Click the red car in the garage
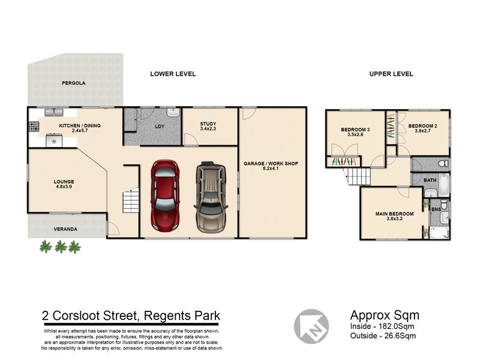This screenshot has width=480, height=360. click(x=165, y=196)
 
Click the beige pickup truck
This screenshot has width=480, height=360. click(x=211, y=197)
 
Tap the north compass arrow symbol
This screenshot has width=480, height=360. click(x=311, y=326)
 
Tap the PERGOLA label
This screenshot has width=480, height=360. click(x=73, y=83)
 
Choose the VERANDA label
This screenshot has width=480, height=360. click(x=65, y=229)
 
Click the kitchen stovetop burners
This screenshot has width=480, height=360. click(x=34, y=127)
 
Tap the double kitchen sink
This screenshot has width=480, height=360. click(x=54, y=112)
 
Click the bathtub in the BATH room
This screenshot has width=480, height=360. click(x=443, y=185)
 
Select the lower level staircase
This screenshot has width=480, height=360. click(x=131, y=201)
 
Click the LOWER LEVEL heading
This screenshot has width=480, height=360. click(x=173, y=74)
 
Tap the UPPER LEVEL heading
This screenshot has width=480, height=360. click(x=391, y=74)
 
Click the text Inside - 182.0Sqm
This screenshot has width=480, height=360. click(x=382, y=326)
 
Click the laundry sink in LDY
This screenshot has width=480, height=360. click(x=173, y=112)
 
